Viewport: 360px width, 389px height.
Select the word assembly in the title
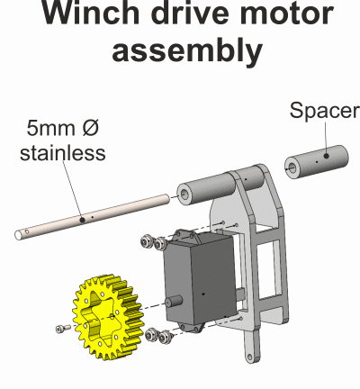[187, 51]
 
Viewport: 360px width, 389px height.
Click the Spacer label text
[324, 111]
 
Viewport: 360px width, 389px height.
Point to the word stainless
[63, 152]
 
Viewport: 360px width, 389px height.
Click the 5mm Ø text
[63, 128]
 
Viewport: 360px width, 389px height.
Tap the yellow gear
[106, 317]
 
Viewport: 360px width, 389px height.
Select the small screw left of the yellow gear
[63, 329]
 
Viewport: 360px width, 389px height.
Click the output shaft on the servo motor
[175, 301]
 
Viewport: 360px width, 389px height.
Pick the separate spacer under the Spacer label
[316, 161]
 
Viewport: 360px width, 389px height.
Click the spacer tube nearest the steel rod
[207, 189]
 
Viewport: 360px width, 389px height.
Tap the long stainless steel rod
[93, 217]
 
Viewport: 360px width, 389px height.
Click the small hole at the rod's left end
[27, 231]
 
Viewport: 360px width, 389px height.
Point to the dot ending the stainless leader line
[83, 220]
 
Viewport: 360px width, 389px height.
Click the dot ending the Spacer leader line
[327, 156]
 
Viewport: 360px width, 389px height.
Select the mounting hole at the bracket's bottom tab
[250, 357]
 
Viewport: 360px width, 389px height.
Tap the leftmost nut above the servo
[146, 241]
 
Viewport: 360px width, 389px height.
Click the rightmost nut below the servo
[164, 338]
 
